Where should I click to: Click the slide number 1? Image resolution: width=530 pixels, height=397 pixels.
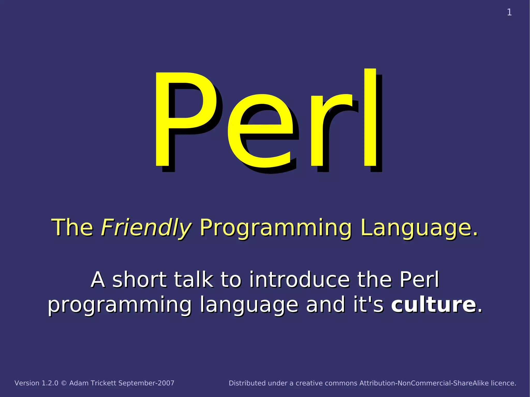coord(509,12)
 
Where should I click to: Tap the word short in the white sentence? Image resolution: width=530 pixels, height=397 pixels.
coord(140,280)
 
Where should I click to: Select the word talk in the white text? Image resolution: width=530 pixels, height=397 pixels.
coord(194,280)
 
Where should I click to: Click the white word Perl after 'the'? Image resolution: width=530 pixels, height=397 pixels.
coord(419,280)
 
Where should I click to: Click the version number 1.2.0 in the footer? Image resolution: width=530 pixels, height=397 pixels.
coord(50,383)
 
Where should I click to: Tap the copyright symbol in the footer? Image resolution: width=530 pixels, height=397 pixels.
coord(64,383)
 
